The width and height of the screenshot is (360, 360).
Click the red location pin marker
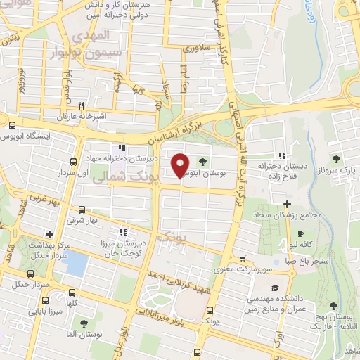coord(180,165)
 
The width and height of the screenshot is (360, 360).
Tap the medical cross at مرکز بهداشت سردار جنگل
coord(49,234)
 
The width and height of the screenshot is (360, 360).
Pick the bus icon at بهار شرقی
coord(82,210)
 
